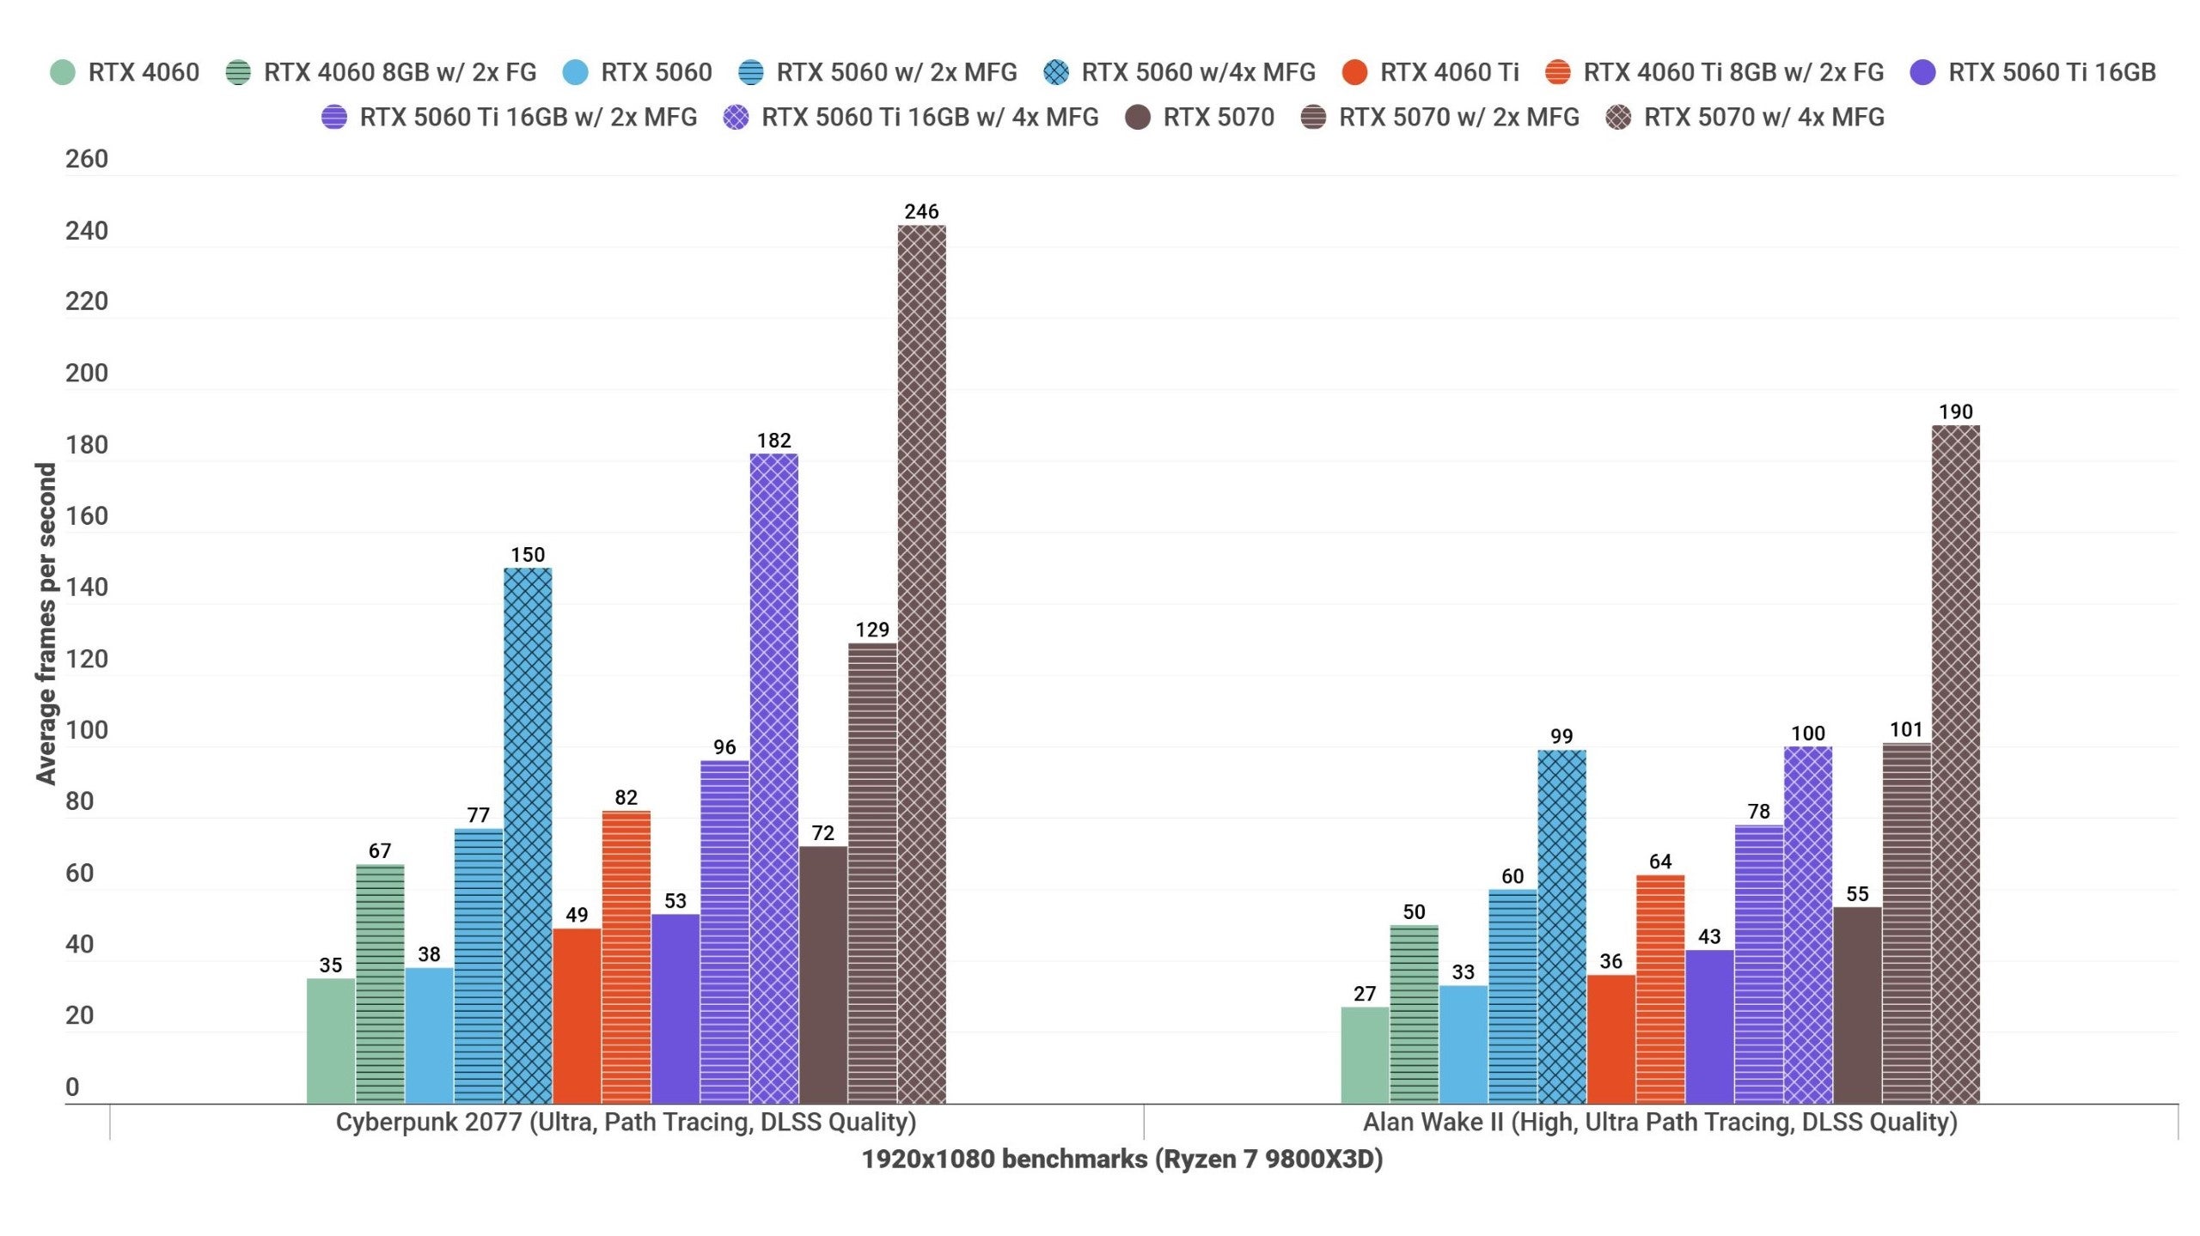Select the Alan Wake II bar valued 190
pyautogui.click(x=1955, y=764)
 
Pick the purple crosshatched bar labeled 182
pyautogui.click(x=773, y=778)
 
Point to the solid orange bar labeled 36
pyautogui.click(x=1610, y=1039)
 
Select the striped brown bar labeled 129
pyautogui.click(x=872, y=873)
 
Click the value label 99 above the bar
pyautogui.click(x=1561, y=736)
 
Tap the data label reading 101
pyautogui.click(x=1906, y=729)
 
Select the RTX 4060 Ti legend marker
pyautogui.click(x=1355, y=72)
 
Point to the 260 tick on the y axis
pyautogui.click(x=87, y=159)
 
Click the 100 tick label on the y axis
pyautogui.click(x=87, y=730)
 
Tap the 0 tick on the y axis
pyautogui.click(x=72, y=1087)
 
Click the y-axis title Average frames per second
pyautogui.click(x=46, y=623)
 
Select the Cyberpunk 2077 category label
pyautogui.click(x=626, y=1122)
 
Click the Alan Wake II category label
pyautogui.click(x=1659, y=1122)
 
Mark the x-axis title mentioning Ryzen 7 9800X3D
pyautogui.click(x=1121, y=1159)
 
